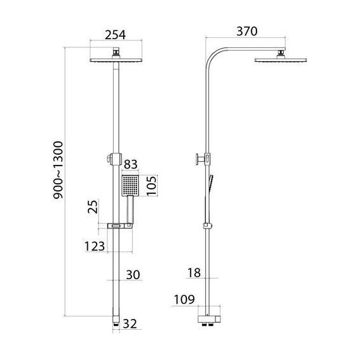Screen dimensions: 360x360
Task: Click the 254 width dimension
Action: point(115,35)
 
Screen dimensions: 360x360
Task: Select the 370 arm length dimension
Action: point(247,31)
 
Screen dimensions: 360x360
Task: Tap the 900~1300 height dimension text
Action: point(58,170)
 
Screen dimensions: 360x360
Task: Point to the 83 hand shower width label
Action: point(131,164)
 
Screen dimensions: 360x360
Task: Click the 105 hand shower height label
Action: point(152,186)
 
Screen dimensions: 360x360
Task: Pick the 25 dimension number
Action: point(93,207)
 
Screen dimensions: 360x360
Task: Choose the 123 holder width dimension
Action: point(95,246)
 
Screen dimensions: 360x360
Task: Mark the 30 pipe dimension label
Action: point(133,275)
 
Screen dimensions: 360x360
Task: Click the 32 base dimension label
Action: point(129,324)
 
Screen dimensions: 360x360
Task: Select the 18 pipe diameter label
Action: point(195,273)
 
